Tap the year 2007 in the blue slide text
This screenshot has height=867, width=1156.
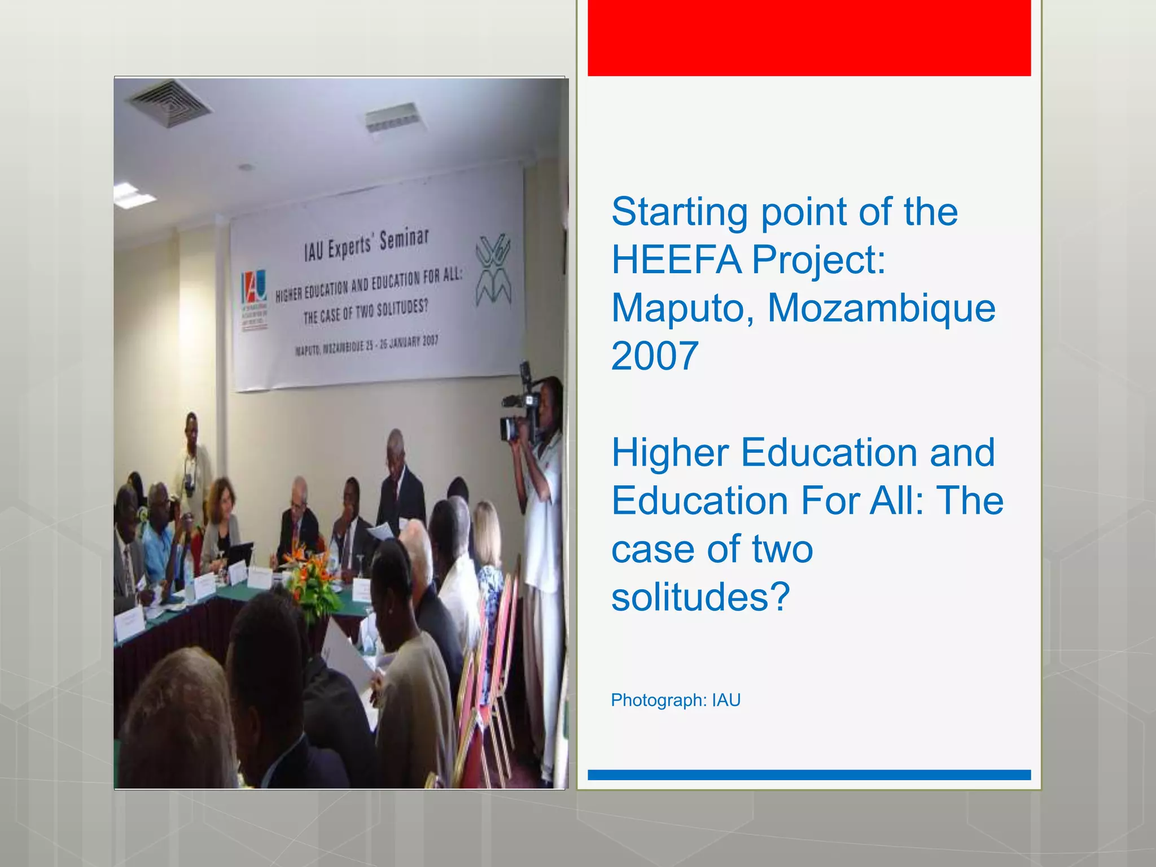click(x=655, y=357)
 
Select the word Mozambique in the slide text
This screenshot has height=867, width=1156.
click(x=881, y=309)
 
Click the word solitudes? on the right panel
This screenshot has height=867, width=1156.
click(x=700, y=597)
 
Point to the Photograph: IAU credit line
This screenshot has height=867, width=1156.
click(x=675, y=700)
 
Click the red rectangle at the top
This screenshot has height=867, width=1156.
click(x=809, y=38)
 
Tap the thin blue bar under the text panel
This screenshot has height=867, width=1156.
click(x=809, y=775)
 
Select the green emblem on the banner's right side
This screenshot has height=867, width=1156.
click(x=493, y=270)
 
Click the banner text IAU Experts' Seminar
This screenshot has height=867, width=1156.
click(x=367, y=244)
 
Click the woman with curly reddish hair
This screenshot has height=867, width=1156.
click(x=221, y=519)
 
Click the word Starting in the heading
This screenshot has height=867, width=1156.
click(x=680, y=213)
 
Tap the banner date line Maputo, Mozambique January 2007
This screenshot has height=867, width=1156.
click(x=366, y=345)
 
